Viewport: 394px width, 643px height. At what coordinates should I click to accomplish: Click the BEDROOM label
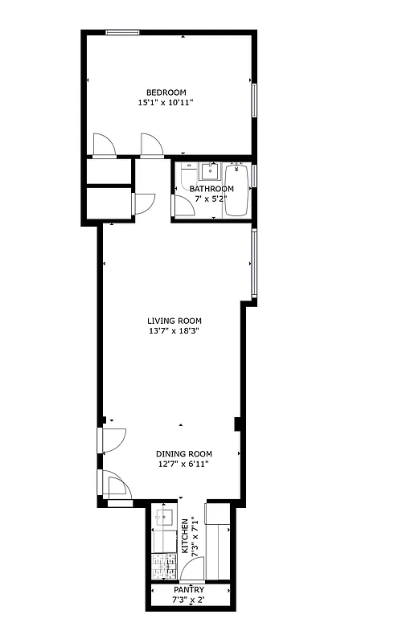pos(166,92)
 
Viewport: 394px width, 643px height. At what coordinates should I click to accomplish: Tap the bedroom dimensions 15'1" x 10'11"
pos(166,102)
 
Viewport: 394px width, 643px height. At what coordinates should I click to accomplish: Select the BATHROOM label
pos(211,189)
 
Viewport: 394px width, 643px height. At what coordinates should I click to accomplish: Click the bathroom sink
pos(211,170)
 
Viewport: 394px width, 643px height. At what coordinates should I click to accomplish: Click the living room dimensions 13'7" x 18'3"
pos(174,330)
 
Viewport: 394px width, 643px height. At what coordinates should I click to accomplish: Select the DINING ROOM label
pos(183,453)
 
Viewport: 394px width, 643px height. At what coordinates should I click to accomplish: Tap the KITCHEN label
pos(185,536)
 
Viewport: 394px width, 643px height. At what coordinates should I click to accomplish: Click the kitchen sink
pos(163,516)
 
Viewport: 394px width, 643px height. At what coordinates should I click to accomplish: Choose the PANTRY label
pos(190,590)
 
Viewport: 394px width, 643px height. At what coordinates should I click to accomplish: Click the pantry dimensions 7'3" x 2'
pos(190,600)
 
